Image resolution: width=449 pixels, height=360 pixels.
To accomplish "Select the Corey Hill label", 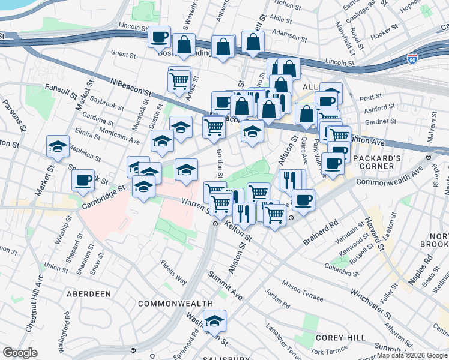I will [x=336, y=338].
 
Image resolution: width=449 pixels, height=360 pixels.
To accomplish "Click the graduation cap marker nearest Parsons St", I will [x=58, y=146].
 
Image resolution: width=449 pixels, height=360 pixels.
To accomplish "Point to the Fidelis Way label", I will [x=173, y=271].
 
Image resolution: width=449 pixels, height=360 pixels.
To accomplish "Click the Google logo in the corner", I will [x=20, y=353].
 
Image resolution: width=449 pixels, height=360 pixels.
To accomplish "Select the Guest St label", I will [x=124, y=54].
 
